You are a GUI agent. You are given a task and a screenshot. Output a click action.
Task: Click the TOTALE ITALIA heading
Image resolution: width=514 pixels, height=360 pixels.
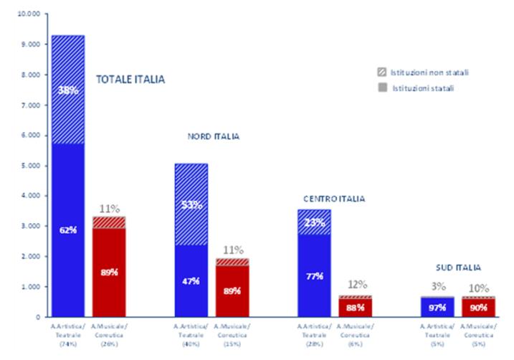coord(130,80)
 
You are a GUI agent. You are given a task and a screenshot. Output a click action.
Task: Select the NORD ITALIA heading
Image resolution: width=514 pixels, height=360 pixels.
coord(214,136)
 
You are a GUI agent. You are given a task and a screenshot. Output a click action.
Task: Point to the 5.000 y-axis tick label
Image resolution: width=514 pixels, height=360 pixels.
coord(31,166)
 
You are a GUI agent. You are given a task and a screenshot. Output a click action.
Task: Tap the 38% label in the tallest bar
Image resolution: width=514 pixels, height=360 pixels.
coord(67,90)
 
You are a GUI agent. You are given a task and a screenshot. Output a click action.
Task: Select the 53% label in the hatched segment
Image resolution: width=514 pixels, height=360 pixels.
coord(191,206)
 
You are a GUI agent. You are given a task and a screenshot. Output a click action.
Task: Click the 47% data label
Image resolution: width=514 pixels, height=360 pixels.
coord(191,281)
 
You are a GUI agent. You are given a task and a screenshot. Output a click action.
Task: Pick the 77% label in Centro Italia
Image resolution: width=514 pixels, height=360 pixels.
coord(315,275)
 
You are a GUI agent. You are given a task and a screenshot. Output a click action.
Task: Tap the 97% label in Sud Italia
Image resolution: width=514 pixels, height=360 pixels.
coord(438,308)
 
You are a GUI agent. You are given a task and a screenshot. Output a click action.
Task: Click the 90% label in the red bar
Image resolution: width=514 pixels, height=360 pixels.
coord(477,308)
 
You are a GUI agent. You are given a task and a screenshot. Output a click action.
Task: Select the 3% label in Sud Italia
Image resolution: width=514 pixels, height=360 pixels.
coord(438,286)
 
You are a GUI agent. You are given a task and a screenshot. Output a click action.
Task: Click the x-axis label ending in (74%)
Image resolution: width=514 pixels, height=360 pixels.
coord(67,335)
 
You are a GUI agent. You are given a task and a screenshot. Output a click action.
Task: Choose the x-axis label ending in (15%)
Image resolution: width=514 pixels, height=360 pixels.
coord(232,335)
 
